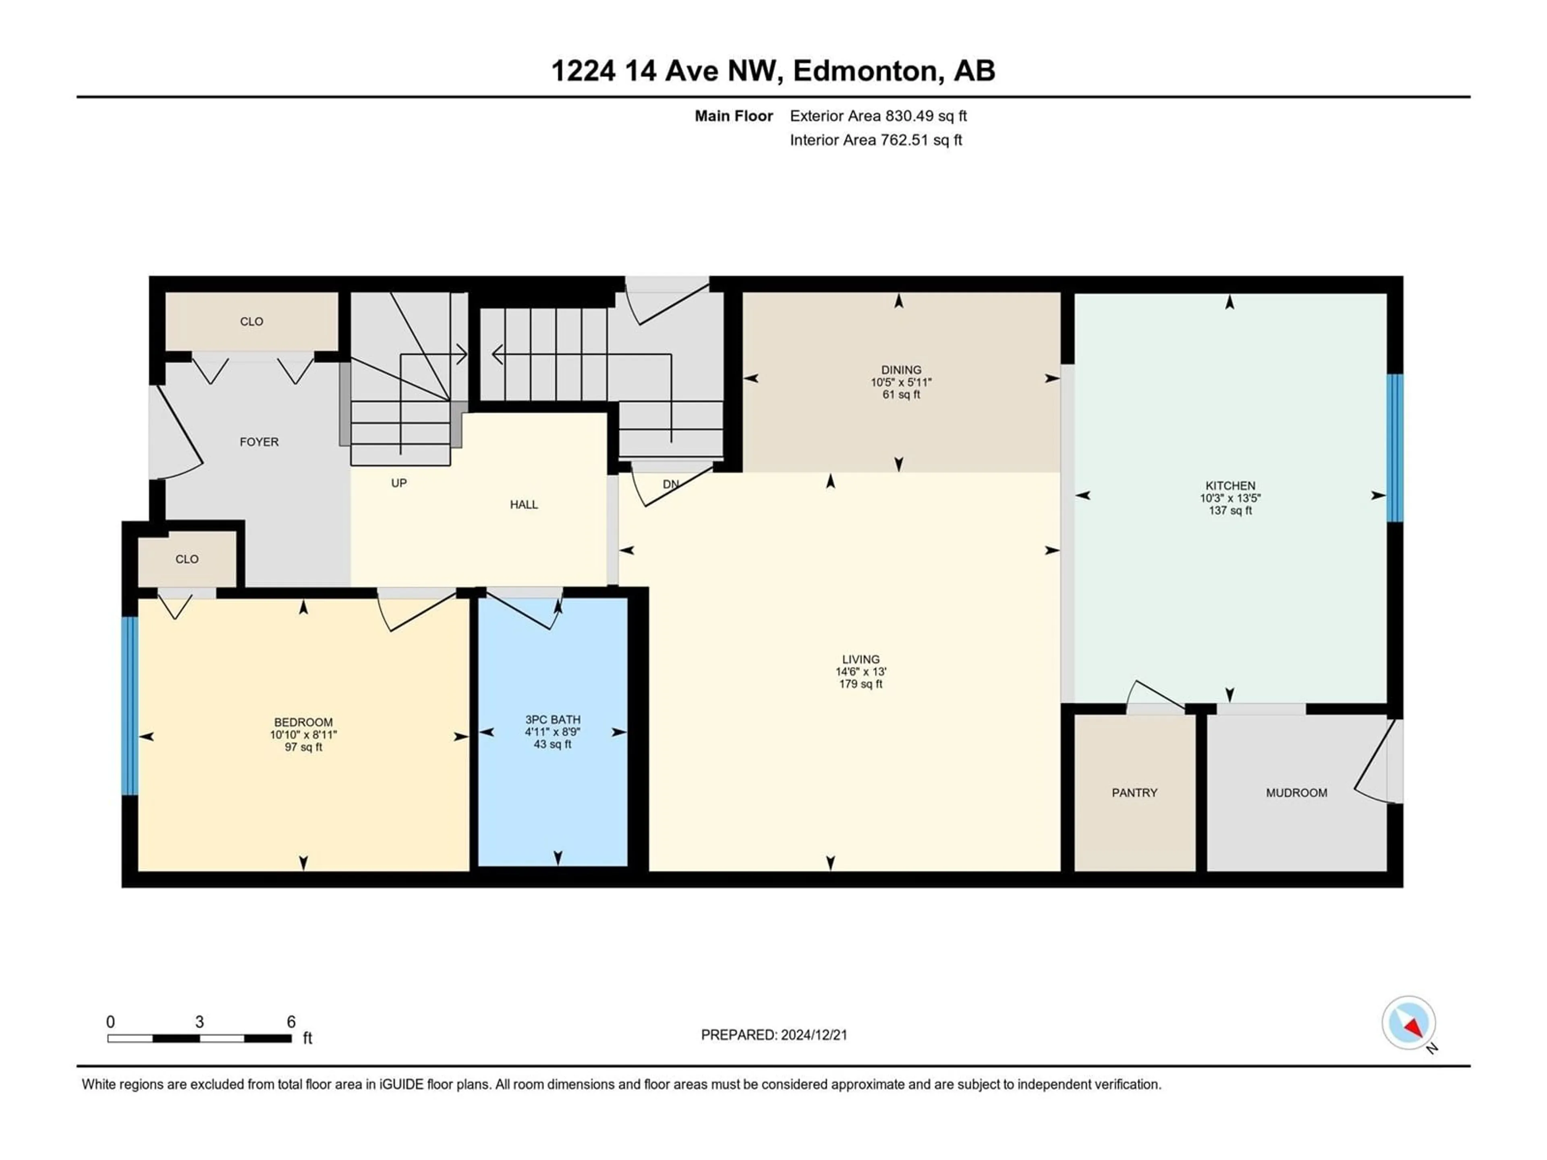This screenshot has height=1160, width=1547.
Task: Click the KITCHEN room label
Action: click(1230, 485)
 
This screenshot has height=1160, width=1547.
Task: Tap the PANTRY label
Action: click(1134, 792)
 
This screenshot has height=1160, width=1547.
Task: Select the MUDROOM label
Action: click(1297, 792)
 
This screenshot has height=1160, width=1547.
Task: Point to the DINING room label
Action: click(901, 370)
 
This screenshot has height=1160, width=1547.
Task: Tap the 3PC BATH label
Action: click(552, 719)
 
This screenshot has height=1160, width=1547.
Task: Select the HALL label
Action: click(524, 505)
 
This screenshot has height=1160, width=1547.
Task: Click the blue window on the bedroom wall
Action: click(129, 706)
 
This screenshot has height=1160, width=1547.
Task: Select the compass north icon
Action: click(1409, 1023)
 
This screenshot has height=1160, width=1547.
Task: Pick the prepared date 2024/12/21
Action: click(814, 1035)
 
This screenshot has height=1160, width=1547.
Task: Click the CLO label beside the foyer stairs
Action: click(252, 322)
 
